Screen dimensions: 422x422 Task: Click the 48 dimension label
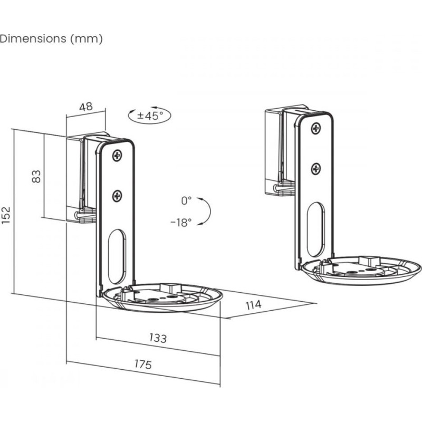[86, 107]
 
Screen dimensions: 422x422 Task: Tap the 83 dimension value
[36, 176]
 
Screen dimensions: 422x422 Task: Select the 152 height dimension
[5, 215]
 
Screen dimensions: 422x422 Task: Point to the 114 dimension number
[254, 305]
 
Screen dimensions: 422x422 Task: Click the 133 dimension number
[158, 338]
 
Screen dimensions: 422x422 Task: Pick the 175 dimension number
[143, 364]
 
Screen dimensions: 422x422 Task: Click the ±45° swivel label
[150, 116]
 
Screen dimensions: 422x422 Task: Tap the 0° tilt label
[186, 200]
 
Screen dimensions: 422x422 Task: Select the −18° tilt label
[181, 222]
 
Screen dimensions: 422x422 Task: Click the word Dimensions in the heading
[33, 39]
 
